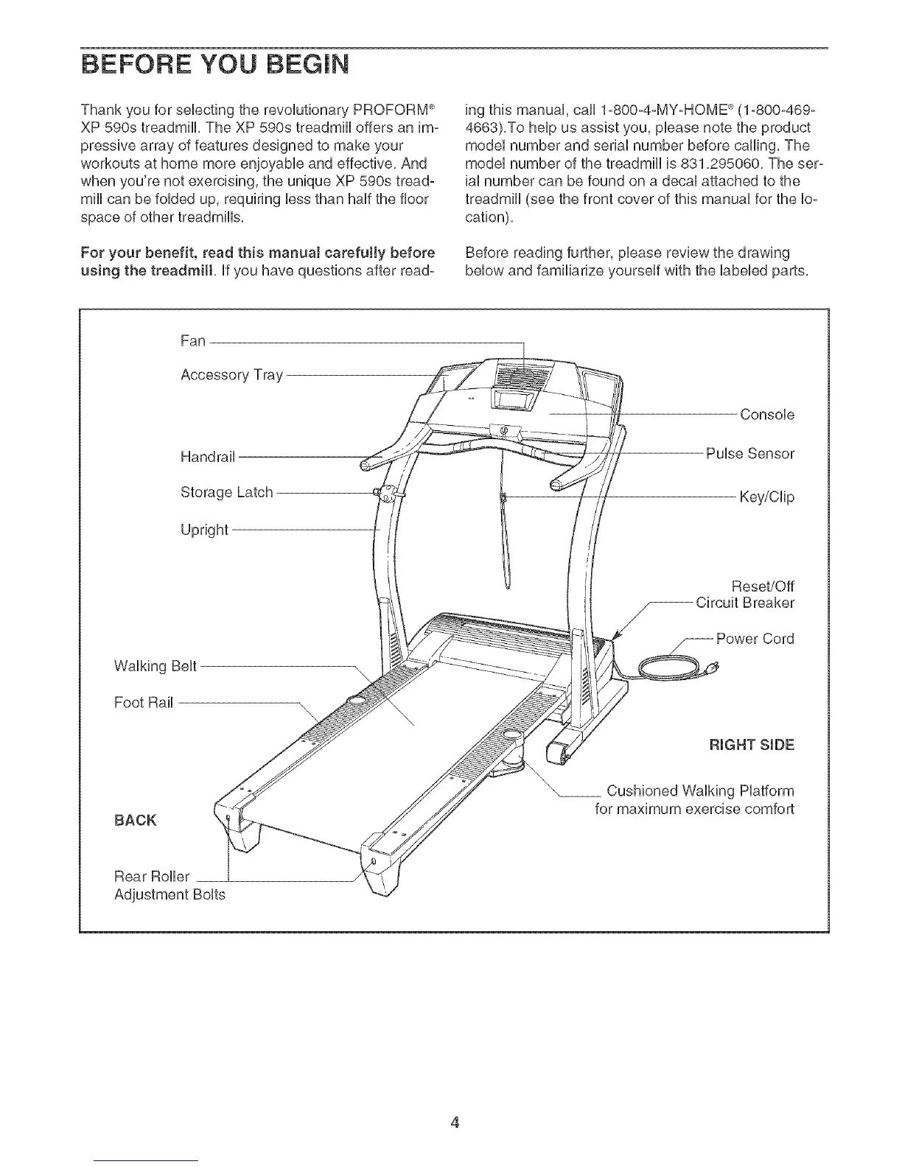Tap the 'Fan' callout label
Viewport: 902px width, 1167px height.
pyautogui.click(x=192, y=341)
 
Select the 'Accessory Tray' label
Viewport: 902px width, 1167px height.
pyautogui.click(x=231, y=375)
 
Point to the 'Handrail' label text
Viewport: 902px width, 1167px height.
pyautogui.click(x=207, y=458)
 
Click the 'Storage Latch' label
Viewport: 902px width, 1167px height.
pyautogui.click(x=226, y=491)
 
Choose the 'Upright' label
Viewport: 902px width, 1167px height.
pyautogui.click(x=204, y=530)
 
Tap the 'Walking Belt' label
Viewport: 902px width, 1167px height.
pyautogui.click(x=155, y=667)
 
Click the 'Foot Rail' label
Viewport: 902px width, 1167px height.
pyautogui.click(x=144, y=702)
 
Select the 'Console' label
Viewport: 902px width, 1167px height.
pyautogui.click(x=767, y=414)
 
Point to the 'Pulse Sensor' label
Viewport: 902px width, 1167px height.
pyautogui.click(x=749, y=453)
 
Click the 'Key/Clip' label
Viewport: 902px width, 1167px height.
pyautogui.click(x=767, y=497)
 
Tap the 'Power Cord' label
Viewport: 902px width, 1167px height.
pyautogui.click(x=755, y=639)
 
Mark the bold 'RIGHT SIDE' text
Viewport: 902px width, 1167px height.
pyautogui.click(x=751, y=744)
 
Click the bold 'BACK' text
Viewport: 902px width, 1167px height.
pyautogui.click(x=135, y=820)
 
